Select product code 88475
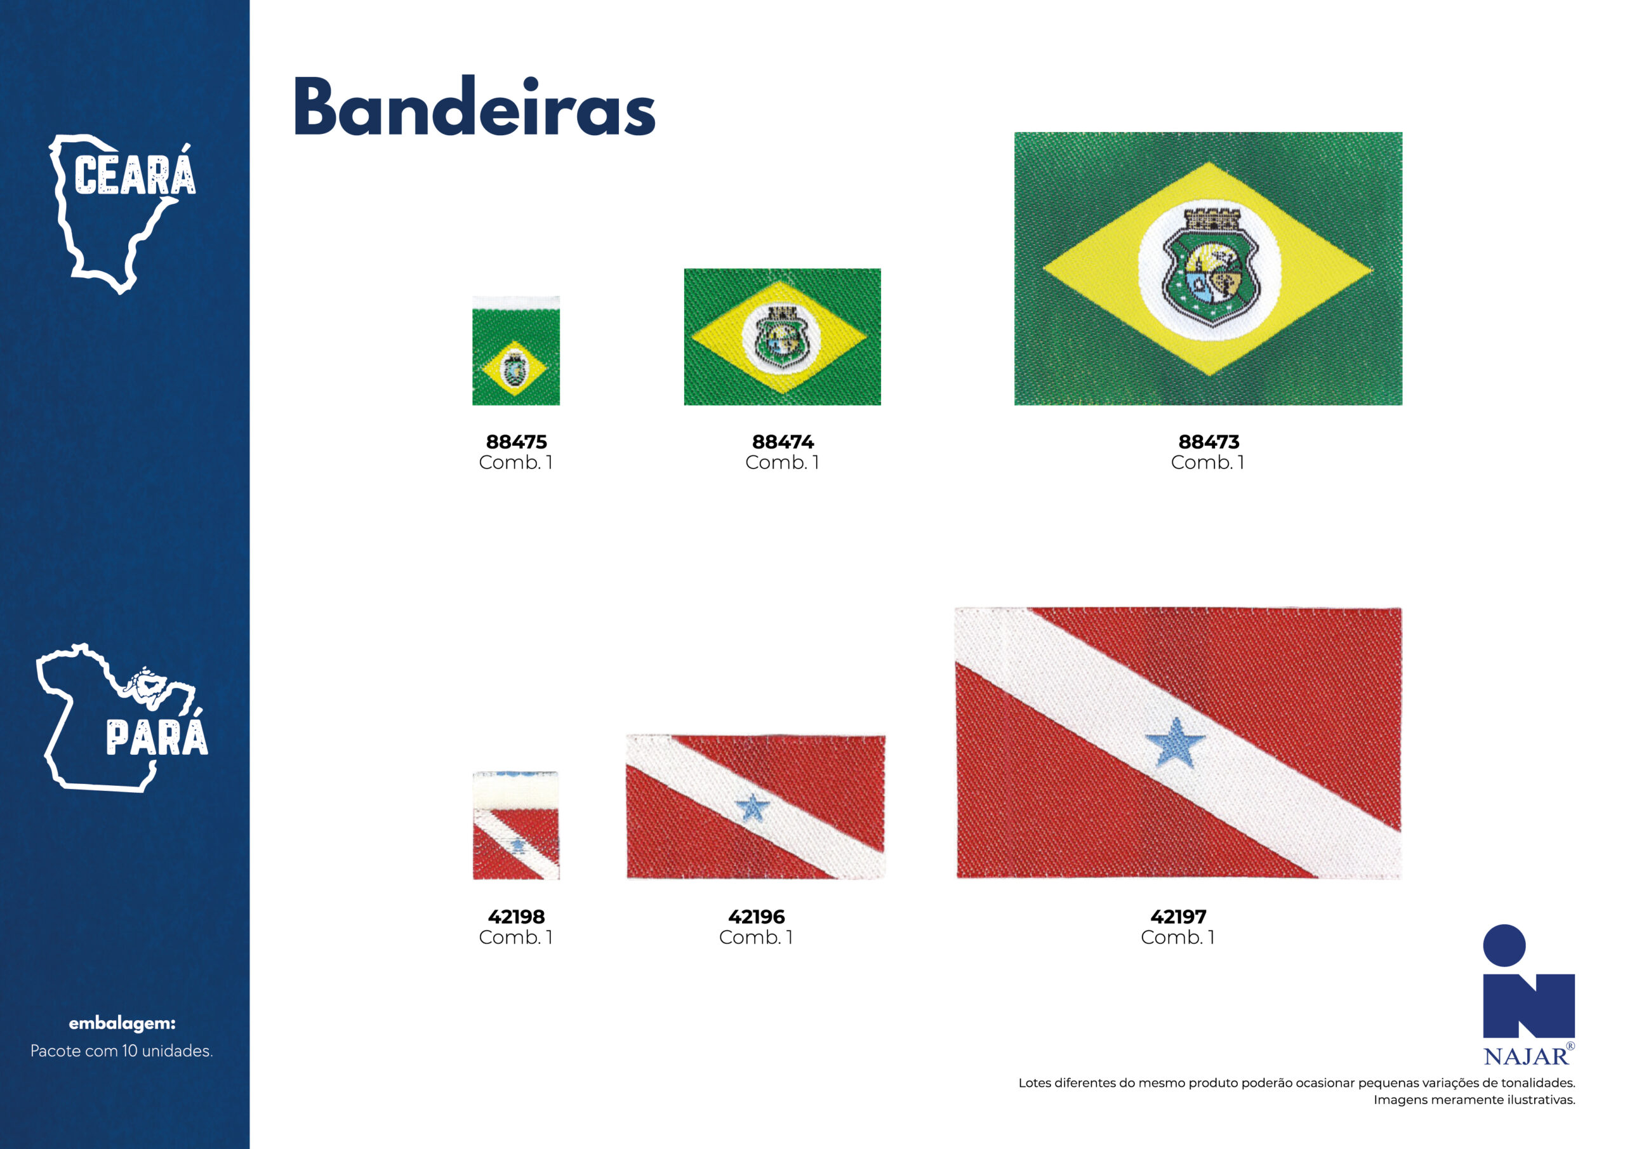click(517, 442)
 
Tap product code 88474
click(783, 442)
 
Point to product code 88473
click(1209, 442)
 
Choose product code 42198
click(517, 917)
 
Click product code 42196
click(757, 917)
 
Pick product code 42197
click(1178, 917)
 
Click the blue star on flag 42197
click(1176, 743)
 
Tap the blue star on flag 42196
click(752, 807)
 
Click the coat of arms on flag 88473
click(1211, 267)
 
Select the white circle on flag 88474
click(781, 337)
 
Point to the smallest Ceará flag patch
click(516, 350)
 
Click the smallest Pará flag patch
click(516, 825)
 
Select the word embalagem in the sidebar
click(122, 1023)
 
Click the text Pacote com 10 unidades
click(122, 1051)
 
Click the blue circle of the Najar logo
click(1504, 945)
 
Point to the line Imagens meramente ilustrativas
click(1475, 1099)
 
